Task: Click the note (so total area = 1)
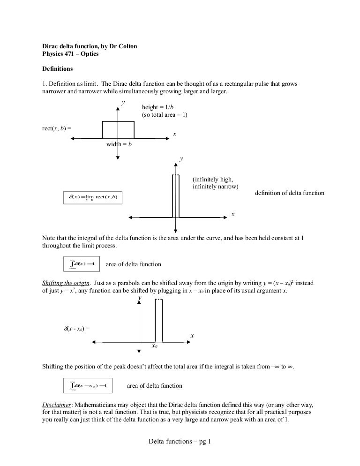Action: click(165, 115)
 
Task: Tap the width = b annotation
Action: click(119, 144)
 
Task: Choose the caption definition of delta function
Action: click(289, 193)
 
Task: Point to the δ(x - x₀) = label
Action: click(76, 328)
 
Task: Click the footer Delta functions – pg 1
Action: click(180, 441)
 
